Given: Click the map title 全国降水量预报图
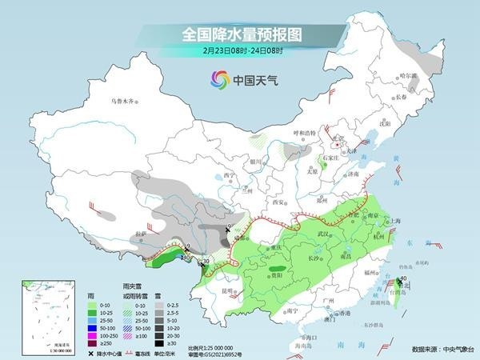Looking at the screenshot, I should coord(239,35).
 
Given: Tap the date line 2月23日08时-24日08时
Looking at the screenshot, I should coord(239,52).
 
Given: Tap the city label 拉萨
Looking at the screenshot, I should coord(142,234).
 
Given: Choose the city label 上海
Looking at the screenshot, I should coord(392,221).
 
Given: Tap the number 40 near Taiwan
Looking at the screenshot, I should coord(404,278).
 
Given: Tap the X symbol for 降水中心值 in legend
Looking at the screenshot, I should coord(91,353).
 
